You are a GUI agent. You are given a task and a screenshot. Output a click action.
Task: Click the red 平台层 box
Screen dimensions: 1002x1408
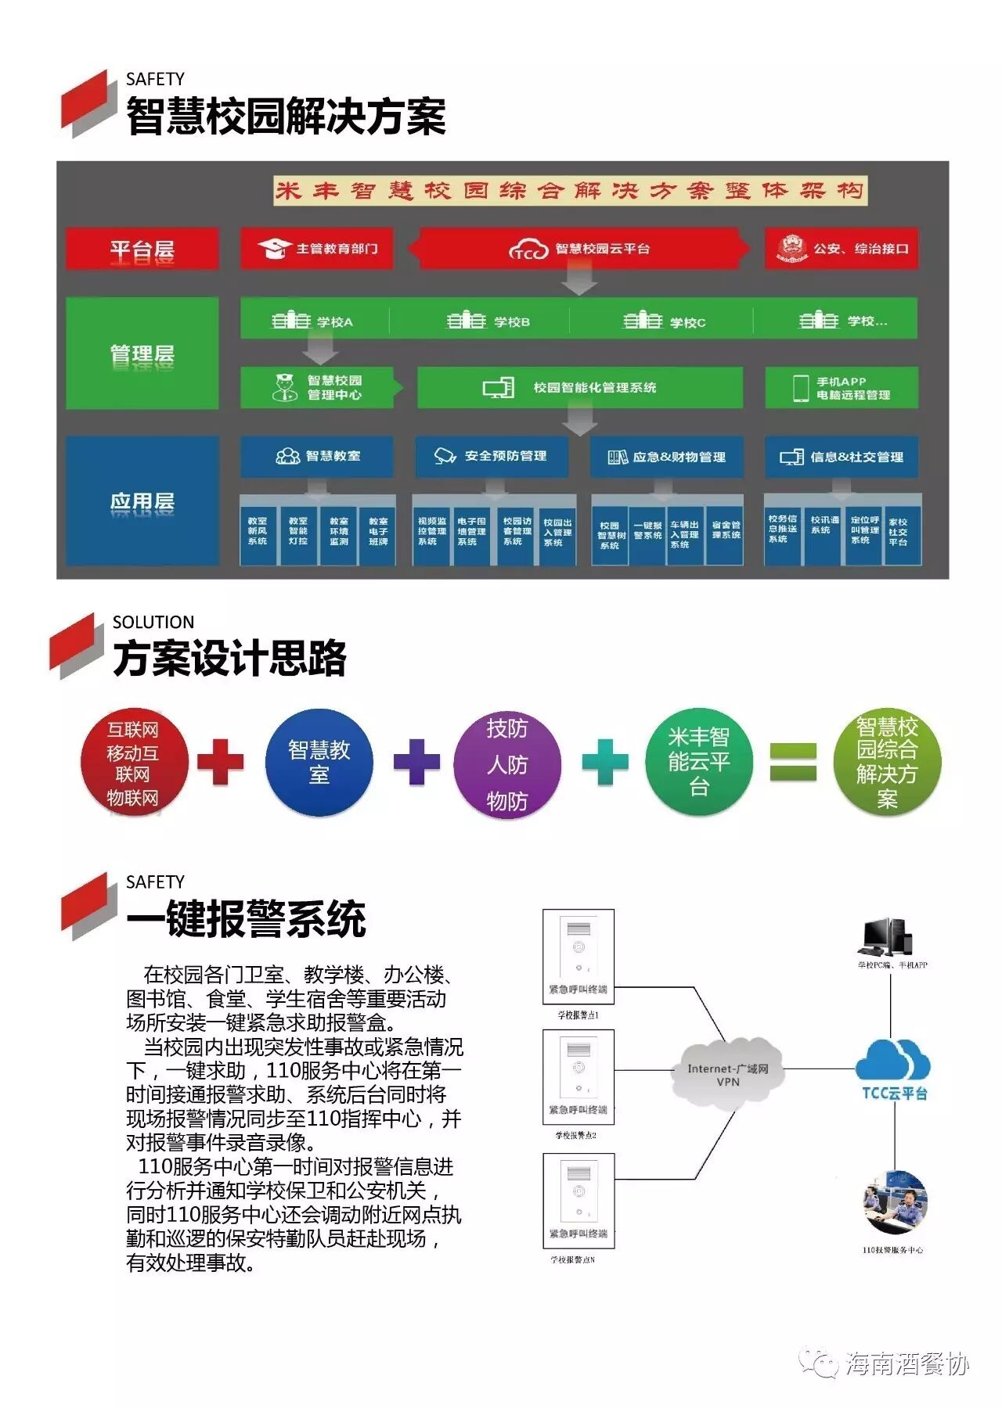click(142, 249)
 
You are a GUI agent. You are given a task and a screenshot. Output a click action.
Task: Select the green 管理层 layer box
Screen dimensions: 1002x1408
click(142, 353)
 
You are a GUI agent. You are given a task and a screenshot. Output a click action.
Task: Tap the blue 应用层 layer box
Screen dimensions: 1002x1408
click(142, 501)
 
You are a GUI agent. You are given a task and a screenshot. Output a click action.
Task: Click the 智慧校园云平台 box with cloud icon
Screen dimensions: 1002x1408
click(578, 249)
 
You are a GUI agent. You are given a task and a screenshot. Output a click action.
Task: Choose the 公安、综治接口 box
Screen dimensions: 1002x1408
click(841, 249)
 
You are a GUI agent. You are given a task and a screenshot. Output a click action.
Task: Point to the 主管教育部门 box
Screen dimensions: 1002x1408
click(316, 249)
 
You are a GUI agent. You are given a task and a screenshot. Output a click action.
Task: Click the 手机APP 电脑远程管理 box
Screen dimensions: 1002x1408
click(841, 388)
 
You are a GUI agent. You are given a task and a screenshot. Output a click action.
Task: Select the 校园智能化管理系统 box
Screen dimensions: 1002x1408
click(578, 387)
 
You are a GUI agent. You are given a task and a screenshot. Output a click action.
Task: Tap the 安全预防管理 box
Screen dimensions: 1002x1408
click(491, 456)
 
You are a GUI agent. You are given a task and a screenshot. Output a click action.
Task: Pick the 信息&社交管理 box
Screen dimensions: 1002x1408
click(842, 457)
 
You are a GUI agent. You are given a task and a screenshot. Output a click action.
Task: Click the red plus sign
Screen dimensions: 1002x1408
click(221, 761)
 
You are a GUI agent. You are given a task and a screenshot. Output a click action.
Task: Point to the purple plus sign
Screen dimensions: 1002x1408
click(416, 761)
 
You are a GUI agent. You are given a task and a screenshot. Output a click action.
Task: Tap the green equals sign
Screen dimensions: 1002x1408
click(792, 762)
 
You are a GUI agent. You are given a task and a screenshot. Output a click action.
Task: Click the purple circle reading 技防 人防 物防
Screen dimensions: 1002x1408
click(507, 763)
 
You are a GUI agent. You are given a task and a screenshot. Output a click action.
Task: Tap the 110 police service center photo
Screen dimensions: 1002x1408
click(894, 1204)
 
